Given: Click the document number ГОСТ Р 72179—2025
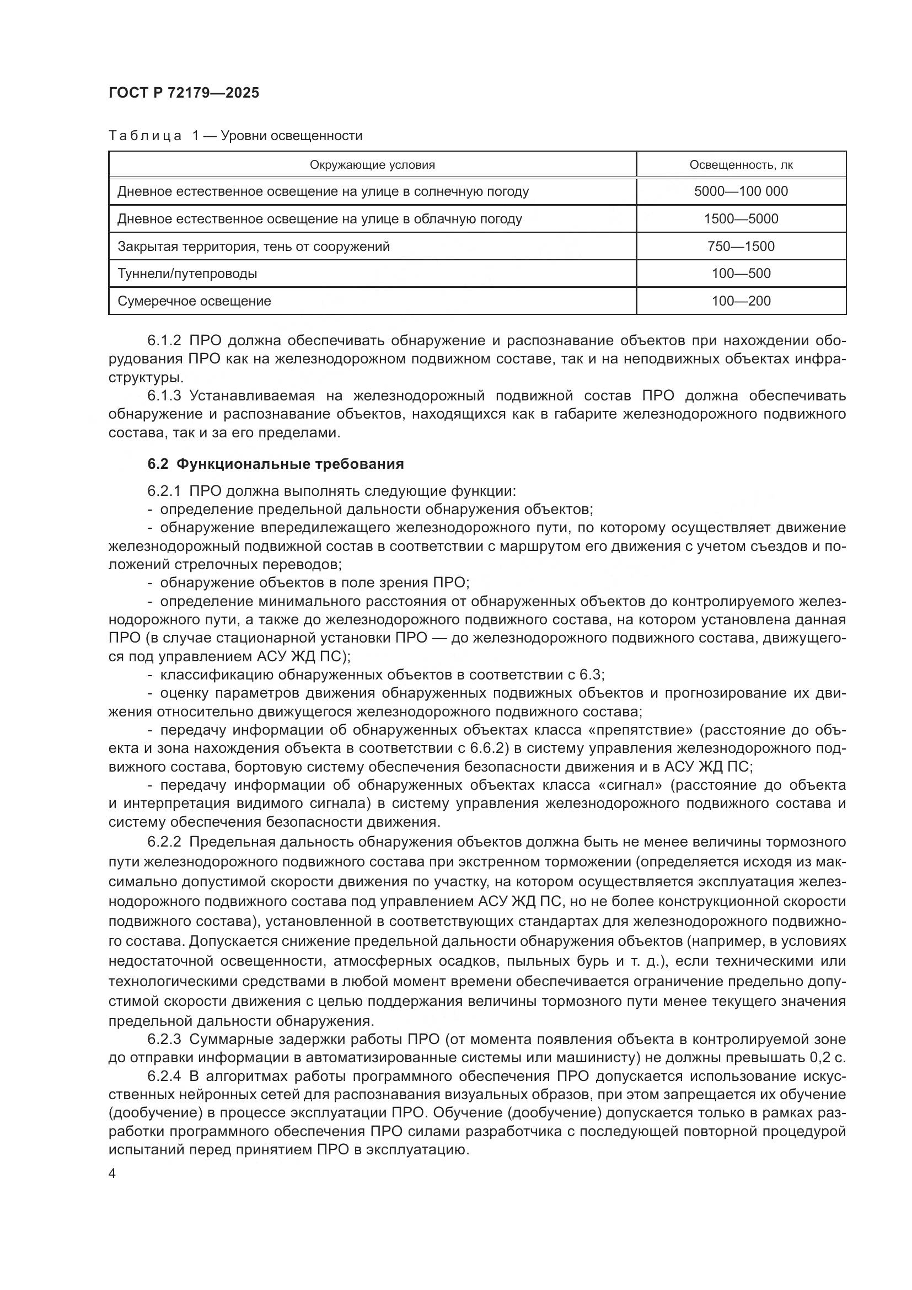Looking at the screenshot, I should tap(184, 93).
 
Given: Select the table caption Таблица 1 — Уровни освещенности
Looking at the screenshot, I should tap(235, 136).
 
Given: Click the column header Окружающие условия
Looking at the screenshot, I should tap(372, 164).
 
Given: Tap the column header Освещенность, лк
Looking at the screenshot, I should tap(741, 164).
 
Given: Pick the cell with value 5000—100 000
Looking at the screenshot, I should tap(741, 191).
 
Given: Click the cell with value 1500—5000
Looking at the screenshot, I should tap(741, 218).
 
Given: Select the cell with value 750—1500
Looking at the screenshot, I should tap(741, 246).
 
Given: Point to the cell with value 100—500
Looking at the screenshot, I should tap(741, 274).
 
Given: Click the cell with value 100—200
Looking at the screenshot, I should tap(741, 301).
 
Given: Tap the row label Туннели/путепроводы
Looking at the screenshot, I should tap(187, 274).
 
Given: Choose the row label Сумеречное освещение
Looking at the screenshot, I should tap(194, 301).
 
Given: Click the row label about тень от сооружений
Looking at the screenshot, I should tap(253, 246).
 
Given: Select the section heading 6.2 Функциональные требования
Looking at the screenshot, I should tap(276, 464).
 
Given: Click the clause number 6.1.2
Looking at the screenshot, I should tap(164, 340).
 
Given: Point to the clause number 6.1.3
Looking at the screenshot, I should tap(164, 396).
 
